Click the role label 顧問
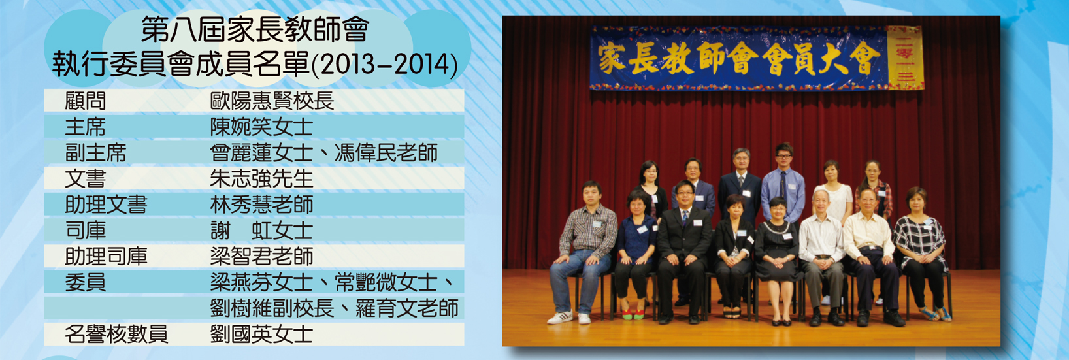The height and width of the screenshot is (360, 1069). [x=86, y=101]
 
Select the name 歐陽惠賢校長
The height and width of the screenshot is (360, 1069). [x=272, y=101]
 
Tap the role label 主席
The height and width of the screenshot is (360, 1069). [x=86, y=127]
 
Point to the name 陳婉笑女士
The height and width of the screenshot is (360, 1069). [x=261, y=127]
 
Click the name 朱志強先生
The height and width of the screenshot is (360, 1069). [x=261, y=178]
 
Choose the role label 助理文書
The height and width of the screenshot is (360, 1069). [x=106, y=205]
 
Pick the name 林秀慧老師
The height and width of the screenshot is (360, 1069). [x=261, y=205]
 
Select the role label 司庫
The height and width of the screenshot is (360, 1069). [x=86, y=231]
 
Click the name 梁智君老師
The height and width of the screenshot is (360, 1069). [x=261, y=256]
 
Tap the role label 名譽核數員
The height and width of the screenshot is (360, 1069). [x=116, y=335]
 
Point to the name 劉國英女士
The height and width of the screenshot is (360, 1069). [x=261, y=335]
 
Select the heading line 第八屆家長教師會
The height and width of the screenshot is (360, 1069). [x=255, y=29]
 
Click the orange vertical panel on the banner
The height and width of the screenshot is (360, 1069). [x=905, y=57]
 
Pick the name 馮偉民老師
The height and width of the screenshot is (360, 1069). [x=386, y=153]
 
